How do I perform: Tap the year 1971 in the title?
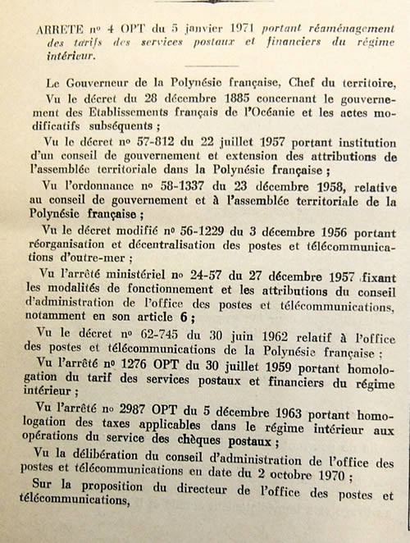pyautogui.click(x=248, y=27)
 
